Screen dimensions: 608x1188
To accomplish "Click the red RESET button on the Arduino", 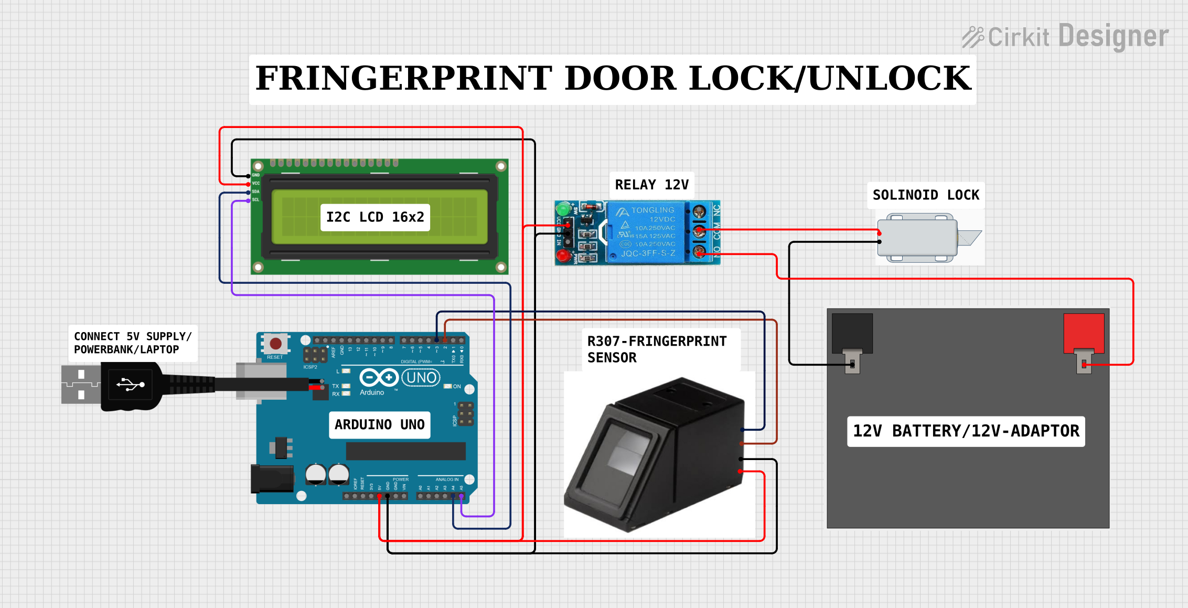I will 275,344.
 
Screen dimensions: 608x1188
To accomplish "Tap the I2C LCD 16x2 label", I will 375,217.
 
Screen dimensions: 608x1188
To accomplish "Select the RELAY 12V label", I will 651,185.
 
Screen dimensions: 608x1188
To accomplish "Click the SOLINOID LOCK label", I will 926,195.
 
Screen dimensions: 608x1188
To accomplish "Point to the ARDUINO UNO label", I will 380,424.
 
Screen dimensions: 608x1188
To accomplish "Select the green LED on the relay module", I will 564,208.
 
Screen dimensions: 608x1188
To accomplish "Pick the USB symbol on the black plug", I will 131,385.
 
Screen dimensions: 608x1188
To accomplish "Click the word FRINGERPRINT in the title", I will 404,79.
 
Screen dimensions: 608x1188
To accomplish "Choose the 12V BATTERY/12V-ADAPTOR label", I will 966,431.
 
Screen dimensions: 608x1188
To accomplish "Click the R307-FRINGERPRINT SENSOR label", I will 657,349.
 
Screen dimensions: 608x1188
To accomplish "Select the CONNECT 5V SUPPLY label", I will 133,343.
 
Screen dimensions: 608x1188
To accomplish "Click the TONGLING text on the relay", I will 652,210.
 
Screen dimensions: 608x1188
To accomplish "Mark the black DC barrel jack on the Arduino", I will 272,478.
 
